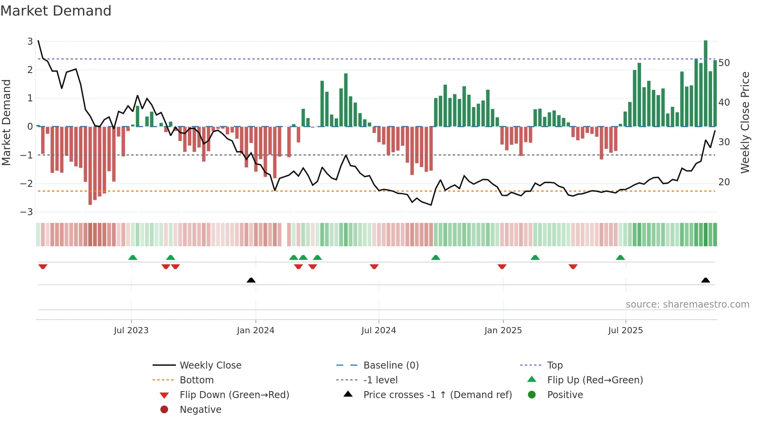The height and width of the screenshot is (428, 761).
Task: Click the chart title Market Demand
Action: (56, 11)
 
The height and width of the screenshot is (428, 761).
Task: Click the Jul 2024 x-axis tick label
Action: (379, 331)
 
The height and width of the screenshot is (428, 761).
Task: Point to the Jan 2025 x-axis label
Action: (503, 331)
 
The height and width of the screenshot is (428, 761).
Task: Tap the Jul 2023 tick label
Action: (131, 331)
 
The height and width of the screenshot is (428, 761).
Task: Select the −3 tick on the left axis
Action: (27, 212)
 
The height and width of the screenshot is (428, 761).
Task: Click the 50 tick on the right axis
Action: (724, 63)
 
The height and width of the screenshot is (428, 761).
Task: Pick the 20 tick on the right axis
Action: (724, 182)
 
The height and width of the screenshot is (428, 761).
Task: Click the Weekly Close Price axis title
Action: (745, 122)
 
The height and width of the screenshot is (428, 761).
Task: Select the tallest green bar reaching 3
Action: (705, 84)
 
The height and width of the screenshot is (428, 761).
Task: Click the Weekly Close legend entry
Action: (210, 365)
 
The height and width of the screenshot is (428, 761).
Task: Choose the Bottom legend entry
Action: (196, 380)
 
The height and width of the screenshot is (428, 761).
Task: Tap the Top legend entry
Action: (554, 365)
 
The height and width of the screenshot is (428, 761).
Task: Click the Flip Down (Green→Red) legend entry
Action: (234, 395)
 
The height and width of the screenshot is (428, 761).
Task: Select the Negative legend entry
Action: (200, 410)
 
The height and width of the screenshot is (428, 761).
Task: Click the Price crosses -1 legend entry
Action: (437, 395)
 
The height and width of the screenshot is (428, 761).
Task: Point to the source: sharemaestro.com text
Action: (687, 304)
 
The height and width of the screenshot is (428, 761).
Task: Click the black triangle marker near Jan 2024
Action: (251, 280)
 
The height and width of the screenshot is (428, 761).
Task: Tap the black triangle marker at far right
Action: (705, 280)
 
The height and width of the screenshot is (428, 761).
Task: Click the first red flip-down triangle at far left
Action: (43, 266)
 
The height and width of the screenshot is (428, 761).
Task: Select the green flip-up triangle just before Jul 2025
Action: (620, 257)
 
